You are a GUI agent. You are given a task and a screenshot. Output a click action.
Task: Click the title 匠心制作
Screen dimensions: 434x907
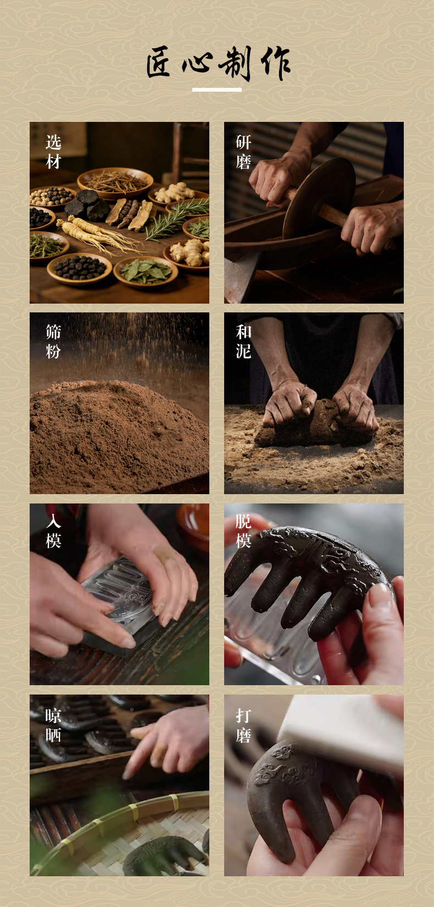coord(218,63)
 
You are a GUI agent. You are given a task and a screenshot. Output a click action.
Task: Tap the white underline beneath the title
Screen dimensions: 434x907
coord(217,89)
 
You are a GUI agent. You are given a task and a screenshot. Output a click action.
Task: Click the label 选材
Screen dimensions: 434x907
coord(53,152)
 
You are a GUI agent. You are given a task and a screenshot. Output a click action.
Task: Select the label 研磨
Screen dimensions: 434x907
coord(243,152)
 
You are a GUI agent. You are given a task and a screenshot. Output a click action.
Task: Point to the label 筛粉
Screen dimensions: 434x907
coord(53,341)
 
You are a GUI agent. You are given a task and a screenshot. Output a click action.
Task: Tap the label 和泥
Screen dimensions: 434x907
coord(243,341)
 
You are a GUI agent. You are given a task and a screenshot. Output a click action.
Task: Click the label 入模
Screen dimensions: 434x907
coord(53,531)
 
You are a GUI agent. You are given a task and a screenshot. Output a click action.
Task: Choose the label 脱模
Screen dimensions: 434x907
coord(243,531)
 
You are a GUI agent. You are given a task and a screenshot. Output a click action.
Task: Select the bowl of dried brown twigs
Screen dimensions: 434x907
coord(115,182)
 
